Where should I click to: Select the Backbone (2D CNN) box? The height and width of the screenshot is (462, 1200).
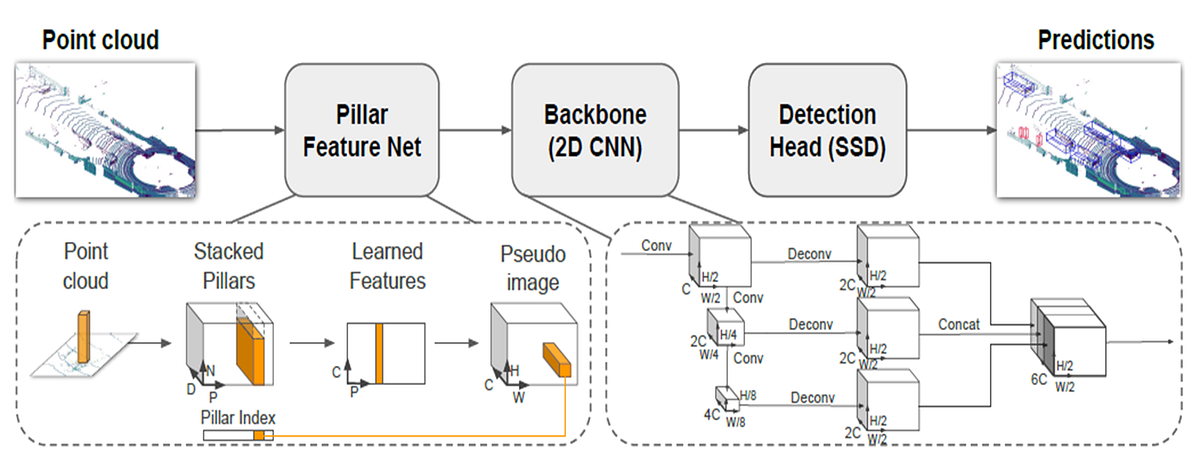(594, 131)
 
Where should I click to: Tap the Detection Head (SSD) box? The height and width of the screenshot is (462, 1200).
(826, 131)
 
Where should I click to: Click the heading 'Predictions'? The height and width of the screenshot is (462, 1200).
(1095, 40)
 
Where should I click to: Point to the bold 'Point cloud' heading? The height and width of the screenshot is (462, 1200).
(100, 40)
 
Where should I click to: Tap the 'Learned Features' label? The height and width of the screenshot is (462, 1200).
(387, 265)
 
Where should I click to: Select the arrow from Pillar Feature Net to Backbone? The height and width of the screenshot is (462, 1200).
(475, 131)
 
